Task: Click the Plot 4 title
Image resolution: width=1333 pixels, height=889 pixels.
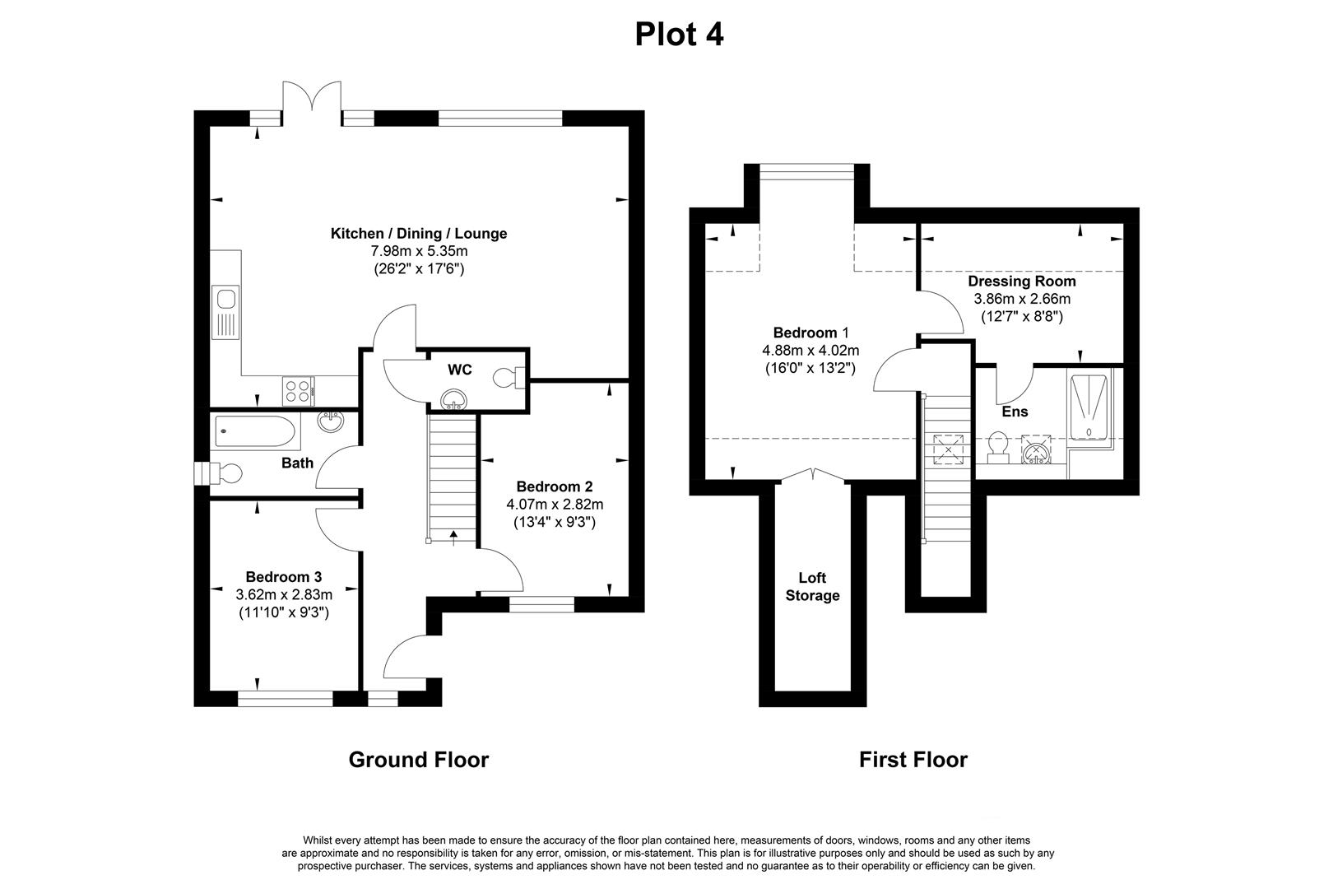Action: point(679,35)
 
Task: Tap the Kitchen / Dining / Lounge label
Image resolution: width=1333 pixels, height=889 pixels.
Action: point(418,234)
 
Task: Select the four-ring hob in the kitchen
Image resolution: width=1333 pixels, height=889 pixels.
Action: point(298,389)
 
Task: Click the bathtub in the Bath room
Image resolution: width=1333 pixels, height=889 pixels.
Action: point(254,431)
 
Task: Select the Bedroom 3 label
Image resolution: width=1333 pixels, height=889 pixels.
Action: point(283,577)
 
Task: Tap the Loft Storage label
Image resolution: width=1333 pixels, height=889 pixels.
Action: point(812,587)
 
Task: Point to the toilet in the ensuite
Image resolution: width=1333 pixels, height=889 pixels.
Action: point(998,445)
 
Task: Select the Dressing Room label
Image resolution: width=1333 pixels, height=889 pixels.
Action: point(1021,282)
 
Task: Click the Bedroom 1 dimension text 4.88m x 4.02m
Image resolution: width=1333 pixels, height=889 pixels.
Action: point(810,351)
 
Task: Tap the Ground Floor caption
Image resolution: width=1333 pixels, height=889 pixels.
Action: point(418,760)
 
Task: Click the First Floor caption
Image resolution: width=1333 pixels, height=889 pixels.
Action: point(913,760)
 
